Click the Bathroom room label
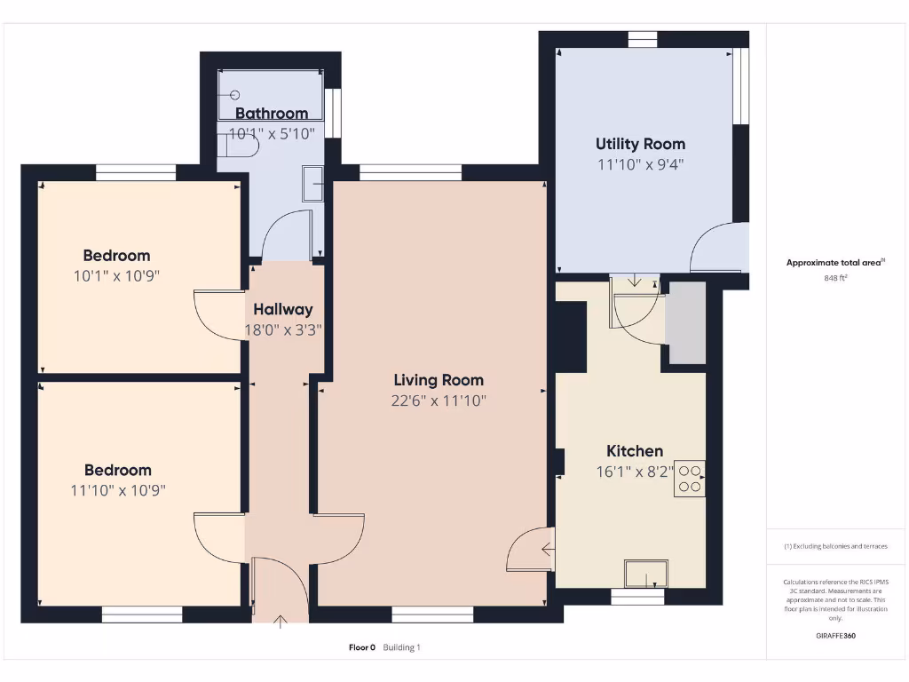click(x=272, y=114)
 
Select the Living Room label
click(x=439, y=380)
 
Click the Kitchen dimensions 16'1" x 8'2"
click(x=635, y=472)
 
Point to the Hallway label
click(x=283, y=310)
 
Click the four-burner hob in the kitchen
click(x=689, y=479)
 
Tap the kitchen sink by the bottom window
click(x=646, y=574)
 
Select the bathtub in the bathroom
click(x=270, y=93)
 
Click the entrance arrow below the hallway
click(x=281, y=622)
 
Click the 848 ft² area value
click(x=835, y=278)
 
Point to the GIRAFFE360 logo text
click(x=835, y=636)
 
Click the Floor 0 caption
click(x=362, y=647)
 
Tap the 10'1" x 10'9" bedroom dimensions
click(x=116, y=275)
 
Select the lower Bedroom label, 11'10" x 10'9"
click(x=118, y=471)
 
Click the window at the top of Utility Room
click(x=642, y=38)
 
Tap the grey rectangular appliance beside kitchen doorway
click(x=687, y=323)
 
